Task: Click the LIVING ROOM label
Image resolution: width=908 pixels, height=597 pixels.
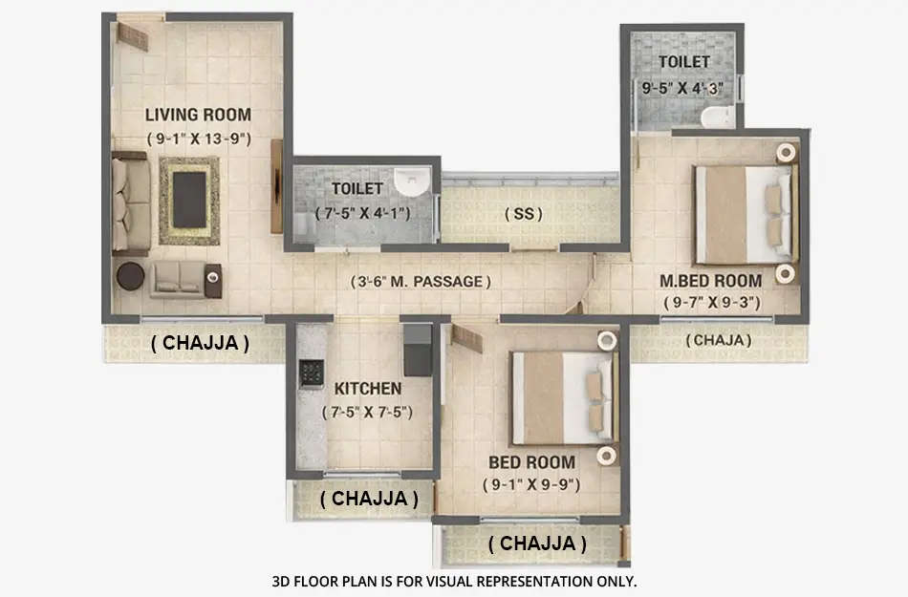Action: click(x=198, y=116)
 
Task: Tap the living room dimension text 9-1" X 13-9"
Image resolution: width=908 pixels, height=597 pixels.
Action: click(x=198, y=139)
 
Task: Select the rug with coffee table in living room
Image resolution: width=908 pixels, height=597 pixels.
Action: click(x=188, y=200)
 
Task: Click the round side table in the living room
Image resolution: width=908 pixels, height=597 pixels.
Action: click(x=130, y=276)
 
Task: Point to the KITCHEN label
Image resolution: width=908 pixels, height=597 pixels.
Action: click(x=367, y=389)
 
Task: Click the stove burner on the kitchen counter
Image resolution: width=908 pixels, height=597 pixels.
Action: click(x=312, y=373)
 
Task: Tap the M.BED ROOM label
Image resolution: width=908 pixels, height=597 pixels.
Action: click(x=711, y=281)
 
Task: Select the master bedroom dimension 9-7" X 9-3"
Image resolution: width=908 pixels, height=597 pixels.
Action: click(x=711, y=302)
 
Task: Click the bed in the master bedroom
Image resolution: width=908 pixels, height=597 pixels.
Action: click(x=744, y=214)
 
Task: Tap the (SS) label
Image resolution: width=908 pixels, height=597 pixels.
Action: click(x=523, y=214)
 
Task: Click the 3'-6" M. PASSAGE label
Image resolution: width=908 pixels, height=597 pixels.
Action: click(x=420, y=282)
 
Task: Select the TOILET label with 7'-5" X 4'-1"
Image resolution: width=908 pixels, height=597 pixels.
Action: click(x=357, y=189)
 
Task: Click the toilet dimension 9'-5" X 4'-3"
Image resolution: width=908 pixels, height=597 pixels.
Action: click(x=681, y=87)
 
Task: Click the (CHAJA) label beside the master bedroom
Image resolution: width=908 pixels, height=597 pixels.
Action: click(x=718, y=339)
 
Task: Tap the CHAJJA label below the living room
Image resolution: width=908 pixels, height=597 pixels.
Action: click(x=200, y=343)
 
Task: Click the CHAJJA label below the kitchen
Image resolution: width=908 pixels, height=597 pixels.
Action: click(x=368, y=498)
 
